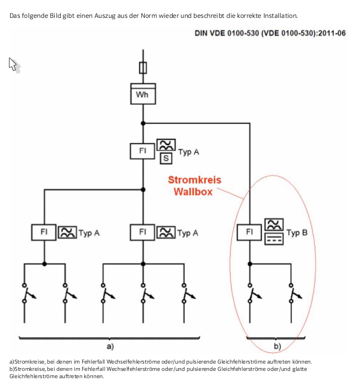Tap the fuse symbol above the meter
coord(143,68)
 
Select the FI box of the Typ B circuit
coord(250,232)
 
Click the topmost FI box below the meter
coord(143,151)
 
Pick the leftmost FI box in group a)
coord(44,232)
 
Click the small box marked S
coord(165,158)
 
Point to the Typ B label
coord(297,232)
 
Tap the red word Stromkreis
coord(195,180)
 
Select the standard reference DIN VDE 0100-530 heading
coord(270,33)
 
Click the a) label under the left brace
coord(111,347)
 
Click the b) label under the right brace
coord(277,347)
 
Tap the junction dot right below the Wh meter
coord(143,123)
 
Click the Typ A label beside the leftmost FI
coord(89,233)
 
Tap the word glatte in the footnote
coord(297,369)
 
